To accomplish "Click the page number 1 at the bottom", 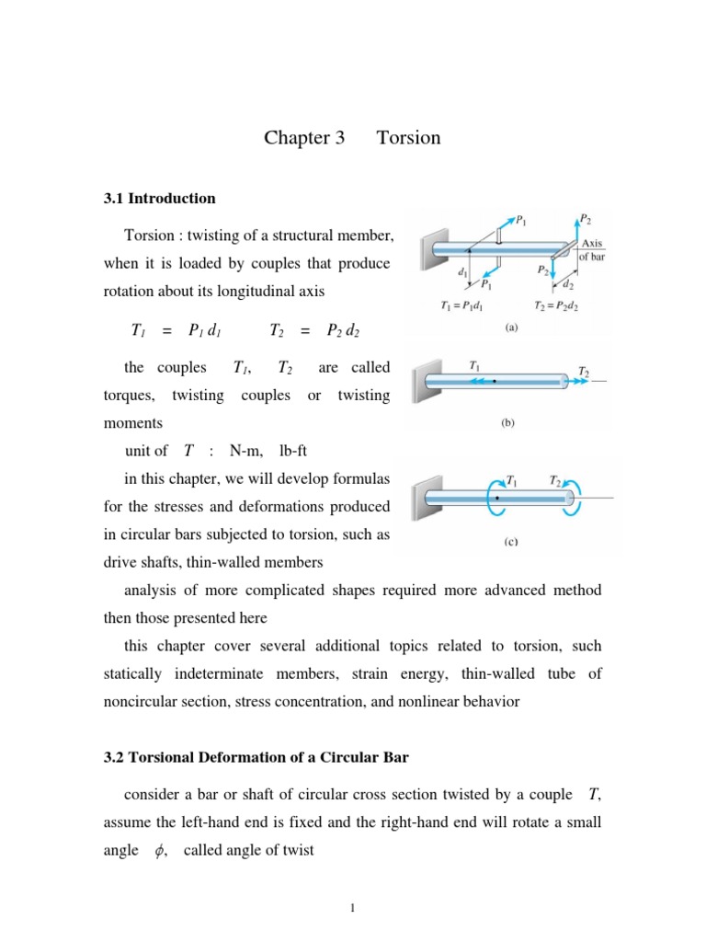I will pos(352,910).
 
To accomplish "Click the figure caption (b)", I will pos(507,423).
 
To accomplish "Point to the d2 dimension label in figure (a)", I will pos(570,285).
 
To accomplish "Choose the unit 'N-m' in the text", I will pos(246,451).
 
